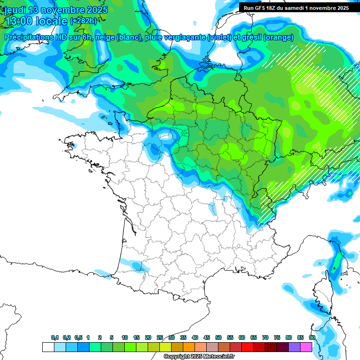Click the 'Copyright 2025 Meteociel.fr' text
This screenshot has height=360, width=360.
click(x=199, y=357)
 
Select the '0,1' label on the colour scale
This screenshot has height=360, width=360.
click(x=55, y=338)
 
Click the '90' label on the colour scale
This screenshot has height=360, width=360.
click(x=312, y=338)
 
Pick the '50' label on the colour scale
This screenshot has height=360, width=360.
click(x=218, y=338)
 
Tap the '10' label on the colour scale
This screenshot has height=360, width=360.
click(x=125, y=338)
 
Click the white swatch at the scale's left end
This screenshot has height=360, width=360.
click(x=48, y=347)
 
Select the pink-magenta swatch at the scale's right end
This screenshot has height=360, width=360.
click(x=306, y=347)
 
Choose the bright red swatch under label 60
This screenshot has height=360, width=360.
click(x=247, y=347)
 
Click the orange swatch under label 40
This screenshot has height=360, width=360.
click(x=189, y=347)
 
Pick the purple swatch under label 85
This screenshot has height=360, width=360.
click(x=294, y=347)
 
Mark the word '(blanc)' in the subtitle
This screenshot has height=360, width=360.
click(x=128, y=37)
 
